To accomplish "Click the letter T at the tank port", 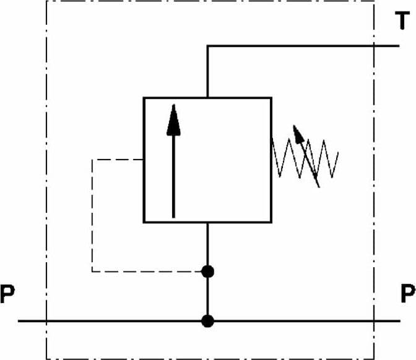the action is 402,20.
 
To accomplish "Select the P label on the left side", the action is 7,294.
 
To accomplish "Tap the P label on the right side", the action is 408,293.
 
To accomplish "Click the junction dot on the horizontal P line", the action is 207,321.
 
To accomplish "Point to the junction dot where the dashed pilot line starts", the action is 207,272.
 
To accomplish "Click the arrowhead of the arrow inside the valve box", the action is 173,120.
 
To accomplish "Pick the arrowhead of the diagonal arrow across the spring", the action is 298,134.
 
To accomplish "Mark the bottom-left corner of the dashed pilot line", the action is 92,272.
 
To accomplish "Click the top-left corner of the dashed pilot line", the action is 92,160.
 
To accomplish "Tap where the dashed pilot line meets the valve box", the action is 143,160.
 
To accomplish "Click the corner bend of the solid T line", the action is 207,46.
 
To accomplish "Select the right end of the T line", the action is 399,46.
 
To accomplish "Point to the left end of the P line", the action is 18,321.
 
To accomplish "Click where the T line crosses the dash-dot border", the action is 374,46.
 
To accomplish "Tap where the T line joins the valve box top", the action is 207,98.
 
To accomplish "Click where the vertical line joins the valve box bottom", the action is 207,223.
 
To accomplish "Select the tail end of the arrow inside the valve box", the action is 173,218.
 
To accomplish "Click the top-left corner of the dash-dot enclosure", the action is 46,1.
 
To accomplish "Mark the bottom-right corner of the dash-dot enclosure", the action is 374,359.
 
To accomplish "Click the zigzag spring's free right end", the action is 338,152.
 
